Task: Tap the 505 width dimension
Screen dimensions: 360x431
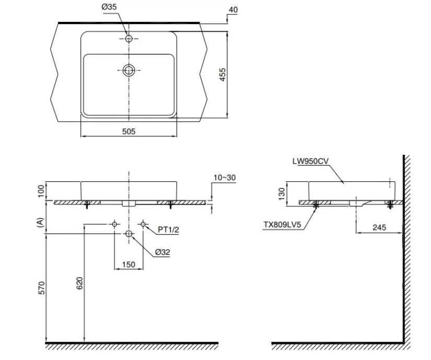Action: pos(129,132)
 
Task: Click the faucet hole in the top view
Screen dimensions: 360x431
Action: pos(129,39)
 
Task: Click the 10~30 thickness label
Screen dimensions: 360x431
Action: pos(225,178)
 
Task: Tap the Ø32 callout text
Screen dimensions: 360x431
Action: pos(162,252)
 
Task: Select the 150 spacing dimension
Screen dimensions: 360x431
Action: pos(129,265)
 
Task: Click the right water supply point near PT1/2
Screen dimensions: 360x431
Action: pos(143,224)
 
